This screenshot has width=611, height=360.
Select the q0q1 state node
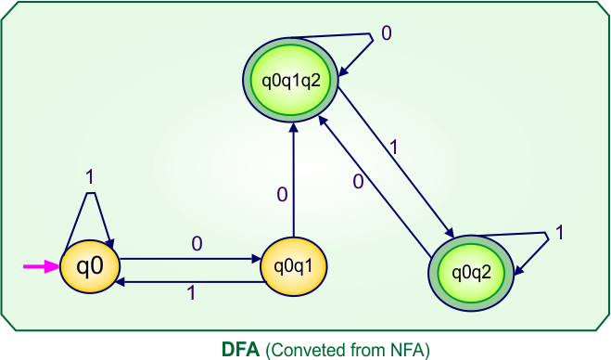click(x=293, y=267)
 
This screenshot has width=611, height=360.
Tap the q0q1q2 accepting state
click(x=291, y=78)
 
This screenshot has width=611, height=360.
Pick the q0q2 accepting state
click(x=471, y=273)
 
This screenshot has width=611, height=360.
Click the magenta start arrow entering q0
click(x=41, y=267)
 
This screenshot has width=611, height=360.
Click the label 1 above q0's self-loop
click(x=90, y=176)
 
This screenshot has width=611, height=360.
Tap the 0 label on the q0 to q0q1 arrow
click(x=196, y=244)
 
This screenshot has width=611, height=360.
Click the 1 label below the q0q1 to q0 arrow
click(x=192, y=294)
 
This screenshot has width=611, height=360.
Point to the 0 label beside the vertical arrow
click(x=282, y=195)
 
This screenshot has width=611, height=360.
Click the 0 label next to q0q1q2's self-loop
click(x=387, y=34)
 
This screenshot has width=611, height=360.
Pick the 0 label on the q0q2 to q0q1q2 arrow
click(x=358, y=182)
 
